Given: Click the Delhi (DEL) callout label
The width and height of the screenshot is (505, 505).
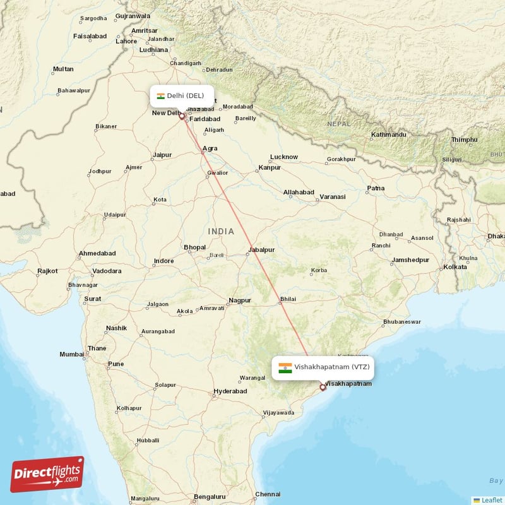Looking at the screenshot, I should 181,96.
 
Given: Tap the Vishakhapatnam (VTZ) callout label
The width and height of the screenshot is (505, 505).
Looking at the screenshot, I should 323,367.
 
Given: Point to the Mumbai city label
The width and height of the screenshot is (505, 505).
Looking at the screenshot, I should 71,355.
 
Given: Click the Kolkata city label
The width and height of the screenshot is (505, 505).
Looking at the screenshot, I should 454,267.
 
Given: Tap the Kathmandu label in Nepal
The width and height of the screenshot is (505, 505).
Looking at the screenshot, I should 388,135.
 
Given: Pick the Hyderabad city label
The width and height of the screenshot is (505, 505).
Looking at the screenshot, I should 229,391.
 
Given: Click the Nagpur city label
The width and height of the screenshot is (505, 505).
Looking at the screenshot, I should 240,300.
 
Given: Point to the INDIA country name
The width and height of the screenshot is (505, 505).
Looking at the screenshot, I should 221,232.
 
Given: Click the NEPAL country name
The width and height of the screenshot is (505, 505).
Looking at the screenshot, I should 339,124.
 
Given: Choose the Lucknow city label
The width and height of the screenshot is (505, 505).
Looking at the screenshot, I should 283,157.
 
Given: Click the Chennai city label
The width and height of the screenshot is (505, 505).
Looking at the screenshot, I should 267,494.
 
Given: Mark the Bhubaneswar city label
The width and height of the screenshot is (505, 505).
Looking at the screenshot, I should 401,322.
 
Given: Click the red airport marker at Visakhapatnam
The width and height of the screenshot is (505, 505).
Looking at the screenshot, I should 323,387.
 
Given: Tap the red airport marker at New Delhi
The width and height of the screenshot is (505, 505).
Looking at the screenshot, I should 182,116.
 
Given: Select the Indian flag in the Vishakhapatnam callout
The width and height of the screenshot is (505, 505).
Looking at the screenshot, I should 285,367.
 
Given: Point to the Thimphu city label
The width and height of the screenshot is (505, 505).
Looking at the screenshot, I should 464,140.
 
